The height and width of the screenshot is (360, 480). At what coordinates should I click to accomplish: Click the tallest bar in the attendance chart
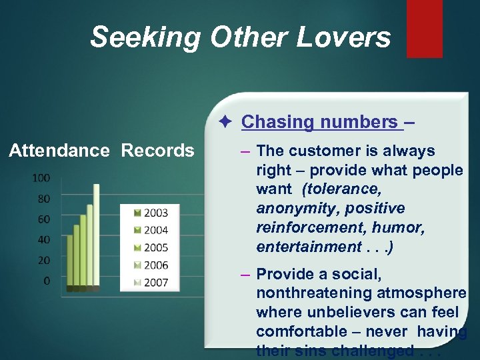(x=96, y=237)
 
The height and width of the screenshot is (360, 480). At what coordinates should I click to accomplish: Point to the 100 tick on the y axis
(x=41, y=178)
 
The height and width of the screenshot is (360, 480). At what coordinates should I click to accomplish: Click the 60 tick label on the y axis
(x=43, y=219)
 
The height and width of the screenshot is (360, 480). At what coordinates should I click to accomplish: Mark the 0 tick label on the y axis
(x=46, y=281)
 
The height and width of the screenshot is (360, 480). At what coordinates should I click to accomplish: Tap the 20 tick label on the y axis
(x=43, y=261)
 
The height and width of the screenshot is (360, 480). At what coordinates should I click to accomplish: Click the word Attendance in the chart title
(x=59, y=151)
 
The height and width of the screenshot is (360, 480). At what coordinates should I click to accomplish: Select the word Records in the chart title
(x=157, y=151)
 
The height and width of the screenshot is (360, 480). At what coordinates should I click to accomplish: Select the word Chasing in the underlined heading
(x=277, y=122)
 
